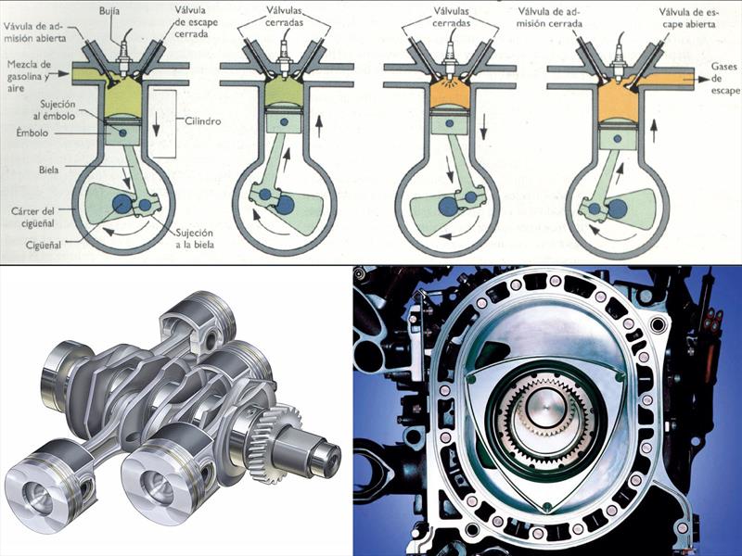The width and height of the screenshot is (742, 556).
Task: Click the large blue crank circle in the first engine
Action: (122, 204)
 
